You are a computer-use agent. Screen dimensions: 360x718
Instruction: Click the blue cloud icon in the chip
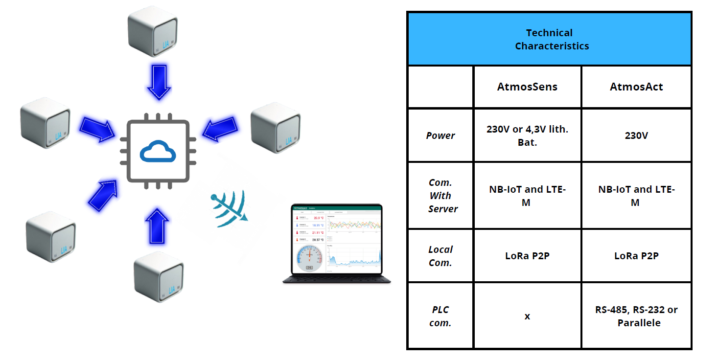point(158,151)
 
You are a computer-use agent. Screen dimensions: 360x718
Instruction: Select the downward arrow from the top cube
point(159,82)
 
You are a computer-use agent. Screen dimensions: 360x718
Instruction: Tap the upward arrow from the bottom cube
point(157,226)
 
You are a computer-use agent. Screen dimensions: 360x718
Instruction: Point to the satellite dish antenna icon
point(229,210)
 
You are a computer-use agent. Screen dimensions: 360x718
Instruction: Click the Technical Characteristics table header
point(549,39)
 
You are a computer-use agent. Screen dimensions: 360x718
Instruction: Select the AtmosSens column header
point(527,87)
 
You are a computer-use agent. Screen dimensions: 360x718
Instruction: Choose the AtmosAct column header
point(636,87)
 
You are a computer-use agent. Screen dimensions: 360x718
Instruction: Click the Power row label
point(440,135)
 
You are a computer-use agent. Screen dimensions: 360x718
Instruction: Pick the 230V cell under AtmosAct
point(636,135)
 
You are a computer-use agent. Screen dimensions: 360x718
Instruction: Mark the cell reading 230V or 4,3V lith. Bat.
point(527,136)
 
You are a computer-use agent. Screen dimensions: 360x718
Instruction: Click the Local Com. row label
point(440,256)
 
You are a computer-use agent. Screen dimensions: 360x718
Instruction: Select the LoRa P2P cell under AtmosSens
point(527,256)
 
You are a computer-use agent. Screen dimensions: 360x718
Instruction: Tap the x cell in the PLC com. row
point(527,316)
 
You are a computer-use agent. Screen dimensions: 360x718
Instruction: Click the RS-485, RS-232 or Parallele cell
point(636,316)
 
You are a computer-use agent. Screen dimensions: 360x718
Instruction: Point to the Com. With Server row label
point(440,196)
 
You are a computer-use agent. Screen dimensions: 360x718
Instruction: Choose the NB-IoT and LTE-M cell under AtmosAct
point(636,196)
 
